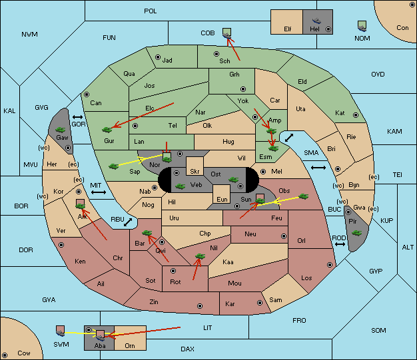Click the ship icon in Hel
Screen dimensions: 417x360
click(316, 21)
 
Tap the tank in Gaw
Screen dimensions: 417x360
click(61, 130)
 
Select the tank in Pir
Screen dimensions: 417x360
click(356, 233)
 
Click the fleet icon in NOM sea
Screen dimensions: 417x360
click(362, 27)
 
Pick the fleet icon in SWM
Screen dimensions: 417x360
click(61, 331)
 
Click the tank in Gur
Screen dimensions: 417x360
click(107, 130)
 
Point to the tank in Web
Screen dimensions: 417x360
click(181, 186)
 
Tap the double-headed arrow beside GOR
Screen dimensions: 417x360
click(77, 117)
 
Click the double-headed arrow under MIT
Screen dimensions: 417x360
click(99, 192)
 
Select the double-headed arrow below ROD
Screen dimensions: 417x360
click(340, 244)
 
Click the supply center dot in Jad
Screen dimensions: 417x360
click(158, 57)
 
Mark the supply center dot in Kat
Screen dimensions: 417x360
click(356, 115)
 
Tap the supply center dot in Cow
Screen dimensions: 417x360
click(5, 355)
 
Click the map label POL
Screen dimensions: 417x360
click(151, 11)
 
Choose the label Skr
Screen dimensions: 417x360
click(195, 172)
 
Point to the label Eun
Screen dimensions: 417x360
click(222, 199)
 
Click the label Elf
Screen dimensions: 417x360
click(288, 29)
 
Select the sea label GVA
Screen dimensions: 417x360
click(49, 300)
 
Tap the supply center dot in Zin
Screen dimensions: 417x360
click(200, 306)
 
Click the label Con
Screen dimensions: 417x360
click(402, 28)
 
